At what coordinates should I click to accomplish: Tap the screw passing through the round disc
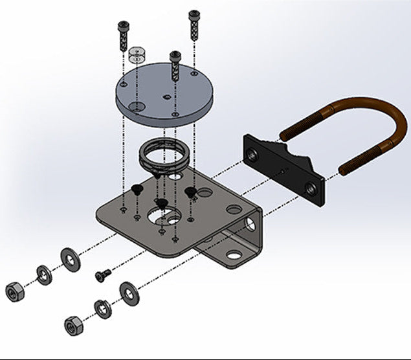[175, 65]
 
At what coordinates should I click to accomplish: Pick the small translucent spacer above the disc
[137, 55]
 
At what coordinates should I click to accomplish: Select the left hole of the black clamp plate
[250, 153]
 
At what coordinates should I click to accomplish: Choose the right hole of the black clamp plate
[311, 188]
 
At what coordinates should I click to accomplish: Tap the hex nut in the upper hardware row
[14, 293]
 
